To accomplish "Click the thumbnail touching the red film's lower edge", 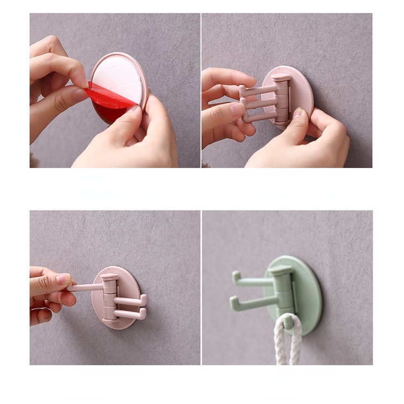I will [x=132, y=109].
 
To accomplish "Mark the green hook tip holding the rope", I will [x=289, y=322].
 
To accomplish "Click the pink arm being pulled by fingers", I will [x=86, y=287].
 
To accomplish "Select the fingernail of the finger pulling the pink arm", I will [x=63, y=278].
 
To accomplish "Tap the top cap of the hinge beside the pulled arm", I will [x=109, y=277].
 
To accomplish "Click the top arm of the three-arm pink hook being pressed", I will [x=259, y=89].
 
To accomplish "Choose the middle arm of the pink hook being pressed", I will [x=260, y=102].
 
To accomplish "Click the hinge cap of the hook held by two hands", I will [x=281, y=78].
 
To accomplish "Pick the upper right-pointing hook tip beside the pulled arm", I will [x=143, y=298].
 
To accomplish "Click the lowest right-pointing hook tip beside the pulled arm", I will [x=143, y=312].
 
